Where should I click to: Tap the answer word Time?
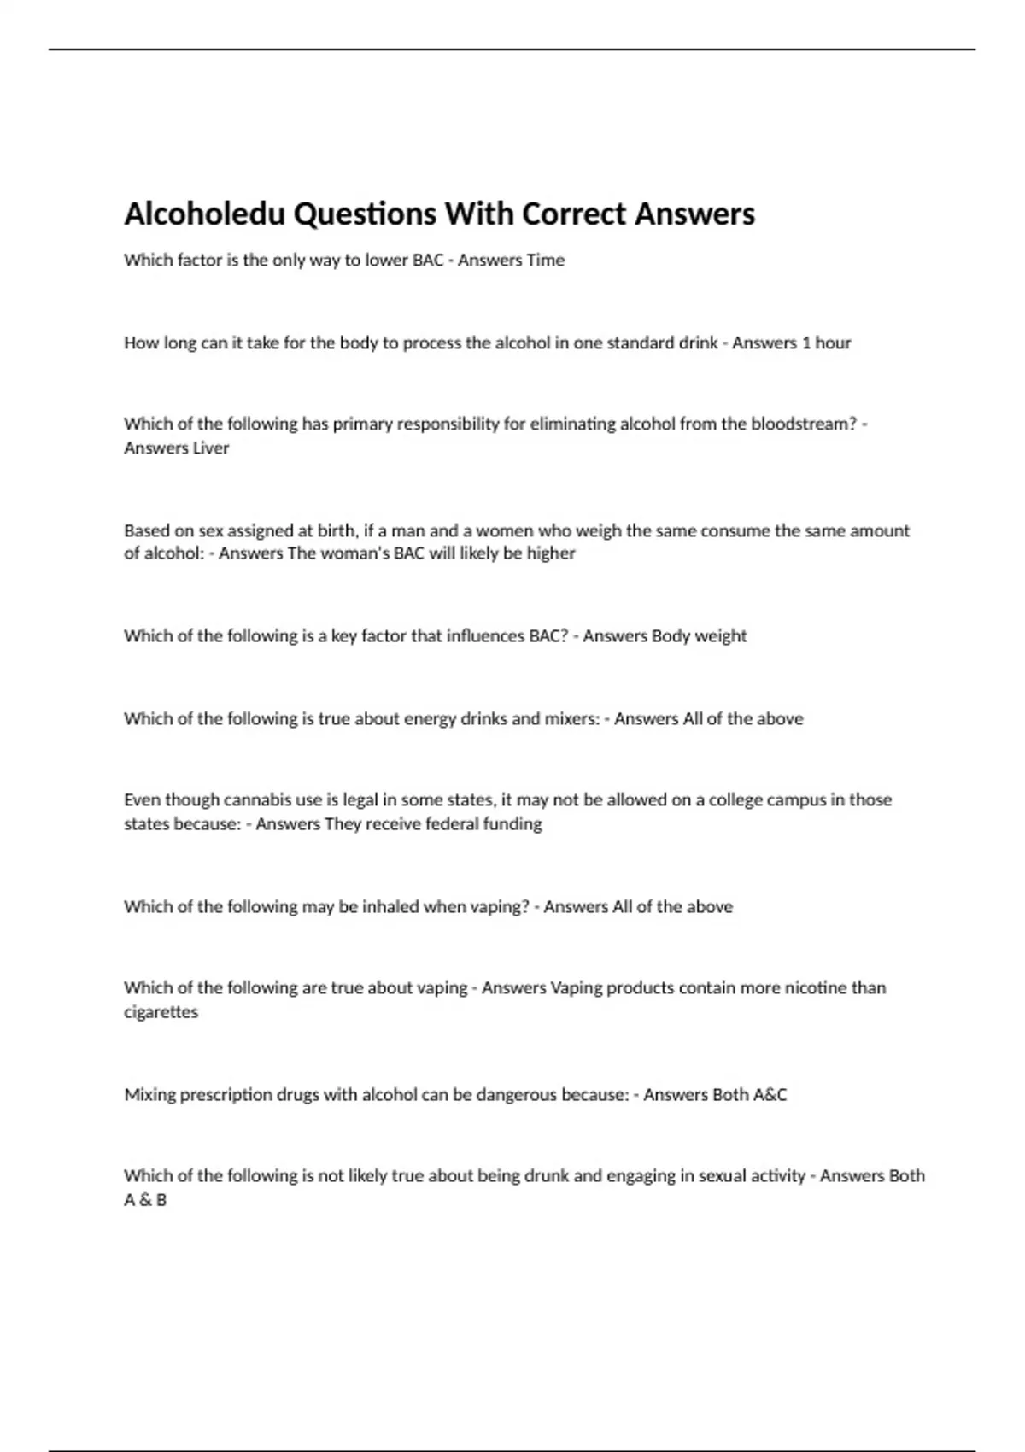point(545,261)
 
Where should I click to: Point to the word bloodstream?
point(803,424)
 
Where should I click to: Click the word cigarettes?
point(161,1012)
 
